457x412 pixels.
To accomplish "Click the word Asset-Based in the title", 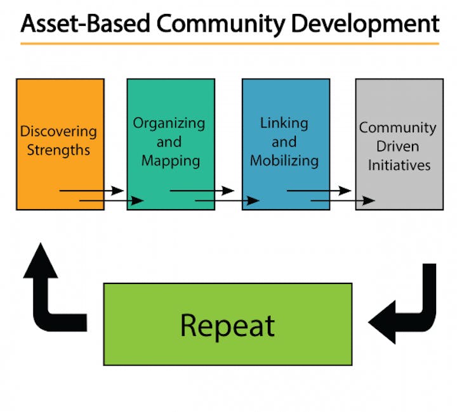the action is tap(86, 23).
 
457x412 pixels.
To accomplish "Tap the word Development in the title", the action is tap(365, 25).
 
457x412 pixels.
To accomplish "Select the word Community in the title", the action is tap(221, 25).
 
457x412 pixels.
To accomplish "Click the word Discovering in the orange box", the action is tap(58, 131).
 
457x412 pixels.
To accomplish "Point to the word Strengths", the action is tap(58, 150).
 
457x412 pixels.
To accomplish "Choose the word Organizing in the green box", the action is tap(169, 124).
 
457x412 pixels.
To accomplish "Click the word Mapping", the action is tap(171, 161).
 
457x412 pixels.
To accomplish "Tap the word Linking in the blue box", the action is tap(284, 124).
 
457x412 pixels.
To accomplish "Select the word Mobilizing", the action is tap(284, 161).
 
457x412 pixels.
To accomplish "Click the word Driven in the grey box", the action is tap(398, 146).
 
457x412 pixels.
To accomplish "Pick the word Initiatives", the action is tap(399, 165).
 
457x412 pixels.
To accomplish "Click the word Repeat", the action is tap(228, 326).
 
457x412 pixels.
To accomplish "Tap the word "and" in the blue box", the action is tap(284, 142).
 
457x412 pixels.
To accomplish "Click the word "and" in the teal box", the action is tap(169, 142).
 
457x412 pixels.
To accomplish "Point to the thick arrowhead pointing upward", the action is tap(41, 261).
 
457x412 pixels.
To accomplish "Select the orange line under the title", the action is tap(230, 44).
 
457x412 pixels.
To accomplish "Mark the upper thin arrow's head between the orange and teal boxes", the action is tap(118, 191).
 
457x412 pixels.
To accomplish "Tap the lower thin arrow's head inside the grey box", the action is tap(369, 200).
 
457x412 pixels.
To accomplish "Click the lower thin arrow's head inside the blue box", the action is tap(253, 200).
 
